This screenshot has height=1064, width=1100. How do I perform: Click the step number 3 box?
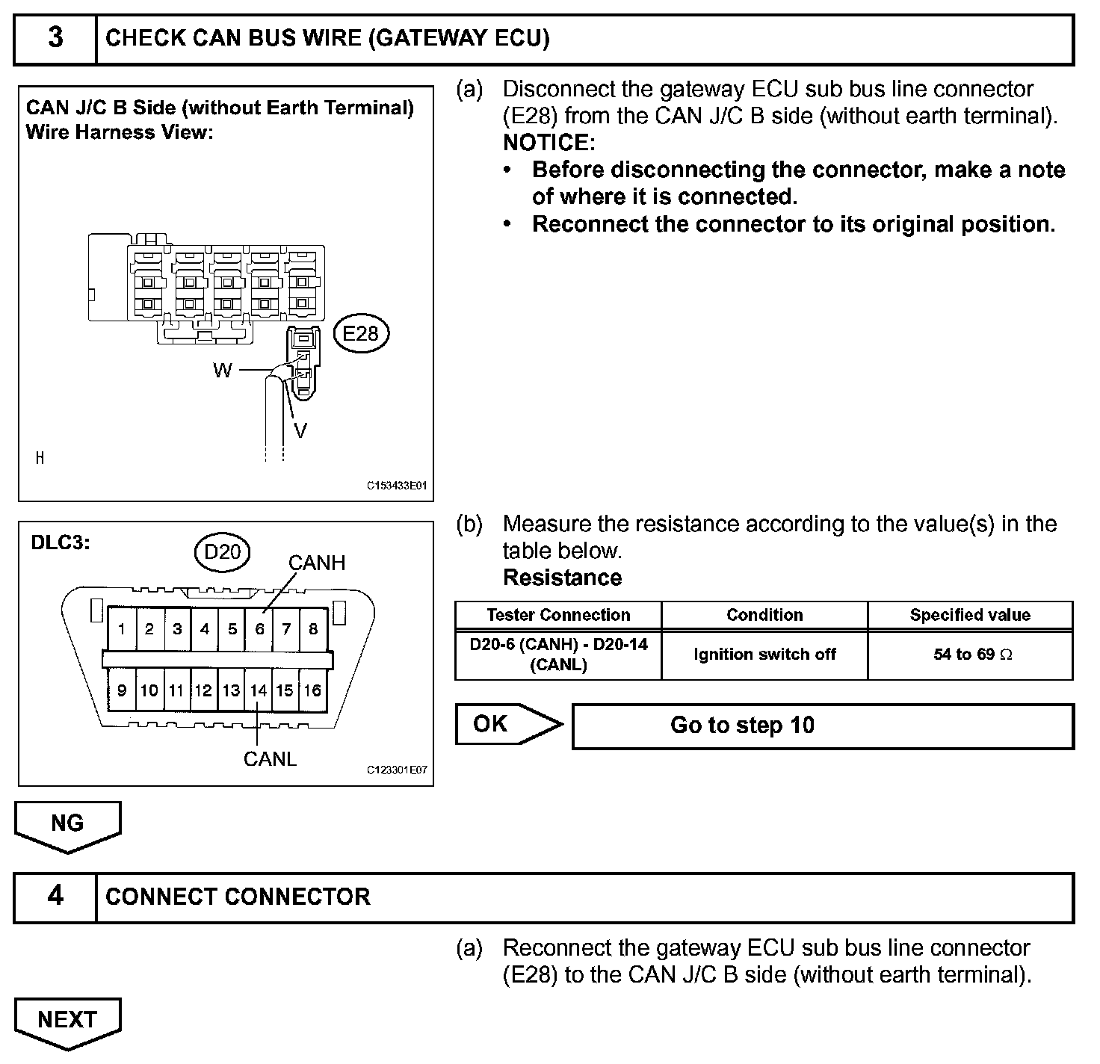[x=55, y=38]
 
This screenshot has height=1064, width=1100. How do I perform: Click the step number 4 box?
[x=55, y=896]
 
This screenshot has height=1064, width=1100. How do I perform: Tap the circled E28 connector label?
[x=361, y=333]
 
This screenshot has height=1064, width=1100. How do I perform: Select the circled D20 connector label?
[x=222, y=552]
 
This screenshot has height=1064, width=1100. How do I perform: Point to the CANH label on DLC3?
[x=317, y=563]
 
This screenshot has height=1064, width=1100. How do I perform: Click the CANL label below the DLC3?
[x=270, y=759]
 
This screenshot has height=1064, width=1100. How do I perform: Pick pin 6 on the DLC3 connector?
[x=259, y=629]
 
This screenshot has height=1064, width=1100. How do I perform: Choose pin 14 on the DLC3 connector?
[x=259, y=690]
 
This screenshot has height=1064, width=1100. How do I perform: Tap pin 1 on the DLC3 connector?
[x=122, y=629]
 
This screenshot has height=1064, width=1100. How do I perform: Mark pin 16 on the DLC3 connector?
[x=312, y=690]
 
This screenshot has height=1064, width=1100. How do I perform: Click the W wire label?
[x=223, y=371]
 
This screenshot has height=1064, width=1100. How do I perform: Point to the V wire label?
[x=300, y=430]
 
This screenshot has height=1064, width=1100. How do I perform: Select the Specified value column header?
[x=970, y=615]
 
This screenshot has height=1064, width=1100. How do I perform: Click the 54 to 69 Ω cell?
[x=970, y=655]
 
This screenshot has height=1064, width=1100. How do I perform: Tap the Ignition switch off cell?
[x=764, y=655]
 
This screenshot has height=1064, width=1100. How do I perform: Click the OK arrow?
[x=504, y=724]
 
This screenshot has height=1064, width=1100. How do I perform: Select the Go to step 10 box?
[x=822, y=726]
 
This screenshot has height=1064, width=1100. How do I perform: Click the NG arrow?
[x=67, y=825]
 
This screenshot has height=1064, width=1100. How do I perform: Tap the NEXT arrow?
[x=67, y=1021]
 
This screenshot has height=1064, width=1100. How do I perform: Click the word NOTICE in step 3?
[x=549, y=143]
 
